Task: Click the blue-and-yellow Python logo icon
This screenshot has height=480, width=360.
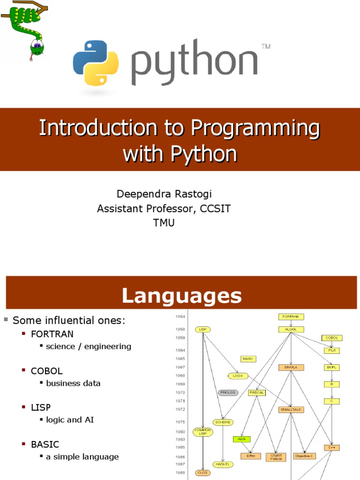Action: pyautogui.click(x=96, y=63)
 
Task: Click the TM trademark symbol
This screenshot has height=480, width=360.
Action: pyautogui.click(x=265, y=46)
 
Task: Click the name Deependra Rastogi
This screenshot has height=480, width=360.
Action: pyautogui.click(x=161, y=194)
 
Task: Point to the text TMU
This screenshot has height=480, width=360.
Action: pyautogui.click(x=164, y=223)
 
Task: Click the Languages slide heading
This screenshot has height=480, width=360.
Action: pyautogui.click(x=182, y=296)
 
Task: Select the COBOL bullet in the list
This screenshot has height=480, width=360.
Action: pyautogui.click(x=46, y=371)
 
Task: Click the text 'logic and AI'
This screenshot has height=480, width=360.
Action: pyautogui.click(x=70, y=420)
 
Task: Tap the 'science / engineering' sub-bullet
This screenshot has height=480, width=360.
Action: pyautogui.click(x=89, y=346)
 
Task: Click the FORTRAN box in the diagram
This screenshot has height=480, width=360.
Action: pyautogui.click(x=291, y=317)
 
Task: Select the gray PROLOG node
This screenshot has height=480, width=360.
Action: pyautogui.click(x=228, y=392)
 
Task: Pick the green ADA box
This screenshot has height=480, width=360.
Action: pyautogui.click(x=242, y=439)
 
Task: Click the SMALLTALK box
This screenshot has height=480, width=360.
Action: pyautogui.click(x=291, y=409)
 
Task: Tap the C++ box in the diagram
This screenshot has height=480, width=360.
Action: pyautogui.click(x=331, y=448)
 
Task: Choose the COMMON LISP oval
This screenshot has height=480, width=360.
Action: pyautogui.click(x=203, y=432)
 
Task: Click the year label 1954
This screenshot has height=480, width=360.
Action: pyautogui.click(x=180, y=317)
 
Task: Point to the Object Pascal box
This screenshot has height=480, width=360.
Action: pyautogui.click(x=276, y=456)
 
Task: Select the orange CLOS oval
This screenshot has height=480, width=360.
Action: pyautogui.click(x=203, y=472)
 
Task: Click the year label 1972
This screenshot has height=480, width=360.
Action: pyautogui.click(x=180, y=409)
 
